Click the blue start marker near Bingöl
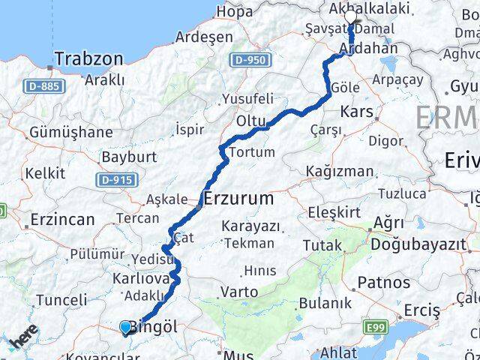pos(125,327)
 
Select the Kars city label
pos(352,112)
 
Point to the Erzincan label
pos(63,220)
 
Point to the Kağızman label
pos(339,172)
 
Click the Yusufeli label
pos(248,98)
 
